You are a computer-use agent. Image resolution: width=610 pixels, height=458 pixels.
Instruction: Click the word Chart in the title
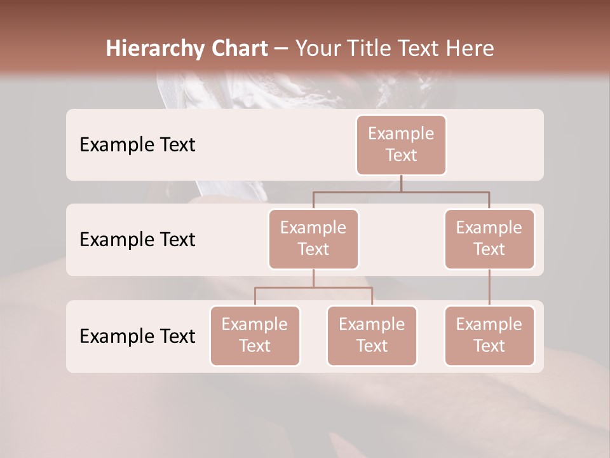click(240, 49)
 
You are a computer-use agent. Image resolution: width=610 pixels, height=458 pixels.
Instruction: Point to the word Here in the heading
click(470, 49)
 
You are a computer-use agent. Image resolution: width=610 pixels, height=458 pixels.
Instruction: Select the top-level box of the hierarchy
click(401, 144)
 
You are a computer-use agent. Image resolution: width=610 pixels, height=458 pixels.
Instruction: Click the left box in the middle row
click(313, 239)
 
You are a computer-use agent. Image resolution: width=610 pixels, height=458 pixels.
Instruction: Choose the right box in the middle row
click(489, 239)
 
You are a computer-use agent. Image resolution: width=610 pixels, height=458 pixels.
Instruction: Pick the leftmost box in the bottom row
click(255, 335)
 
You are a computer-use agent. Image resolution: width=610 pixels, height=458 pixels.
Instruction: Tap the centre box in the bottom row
click(372, 335)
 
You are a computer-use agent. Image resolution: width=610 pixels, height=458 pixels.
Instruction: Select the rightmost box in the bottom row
click(489, 335)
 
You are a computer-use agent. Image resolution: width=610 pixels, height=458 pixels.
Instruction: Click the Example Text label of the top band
click(137, 145)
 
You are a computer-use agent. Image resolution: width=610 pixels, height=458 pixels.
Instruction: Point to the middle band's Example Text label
click(137, 240)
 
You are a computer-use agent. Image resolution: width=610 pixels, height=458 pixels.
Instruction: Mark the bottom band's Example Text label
click(137, 337)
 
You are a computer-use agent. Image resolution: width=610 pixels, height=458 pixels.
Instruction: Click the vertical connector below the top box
click(401, 183)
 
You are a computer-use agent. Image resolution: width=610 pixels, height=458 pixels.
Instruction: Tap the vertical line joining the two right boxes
click(489, 288)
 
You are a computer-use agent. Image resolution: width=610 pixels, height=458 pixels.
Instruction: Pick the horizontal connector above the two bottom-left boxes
click(313, 288)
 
